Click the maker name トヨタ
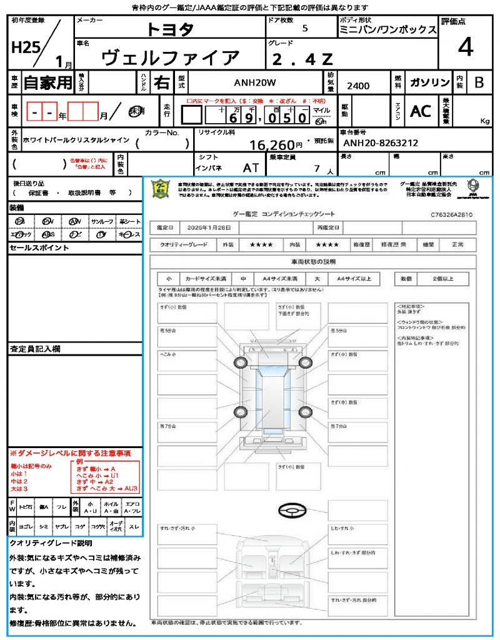pos(171,29)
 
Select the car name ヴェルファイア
pos(171,58)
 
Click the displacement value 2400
pos(358,86)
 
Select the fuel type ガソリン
pos(429,82)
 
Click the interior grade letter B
pos(479,82)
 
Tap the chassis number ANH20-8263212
pos(381,144)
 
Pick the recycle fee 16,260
pos(272,145)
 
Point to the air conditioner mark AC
pos(421,111)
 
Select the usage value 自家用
pos(48,82)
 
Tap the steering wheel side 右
pos(161,82)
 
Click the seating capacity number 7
pos(317,168)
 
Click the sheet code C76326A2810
pos(451,214)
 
